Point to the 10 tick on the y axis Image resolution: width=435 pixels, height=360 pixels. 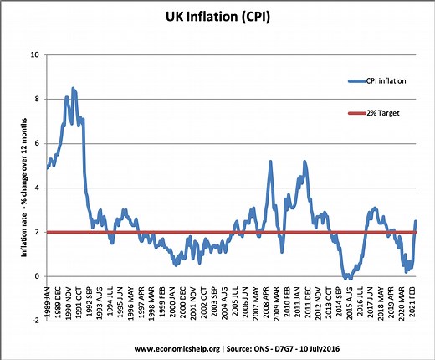pos(34,55)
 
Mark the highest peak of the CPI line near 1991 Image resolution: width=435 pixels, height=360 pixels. pos(74,88)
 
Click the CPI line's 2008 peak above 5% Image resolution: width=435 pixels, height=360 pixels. pos(270,162)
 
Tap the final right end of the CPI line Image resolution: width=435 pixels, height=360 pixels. pos(416,221)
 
